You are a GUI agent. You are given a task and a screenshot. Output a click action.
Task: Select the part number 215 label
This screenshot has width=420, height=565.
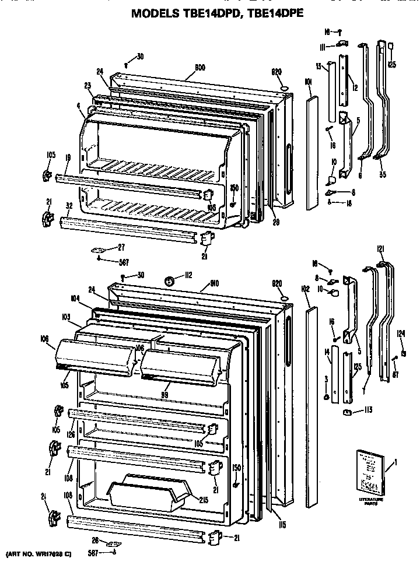point(203,500)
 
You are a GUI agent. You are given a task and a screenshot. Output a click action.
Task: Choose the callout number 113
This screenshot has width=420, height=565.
point(369,409)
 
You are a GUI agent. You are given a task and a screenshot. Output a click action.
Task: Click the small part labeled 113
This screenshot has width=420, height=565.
point(348,413)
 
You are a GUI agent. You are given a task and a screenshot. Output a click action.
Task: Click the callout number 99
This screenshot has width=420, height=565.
point(165,395)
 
